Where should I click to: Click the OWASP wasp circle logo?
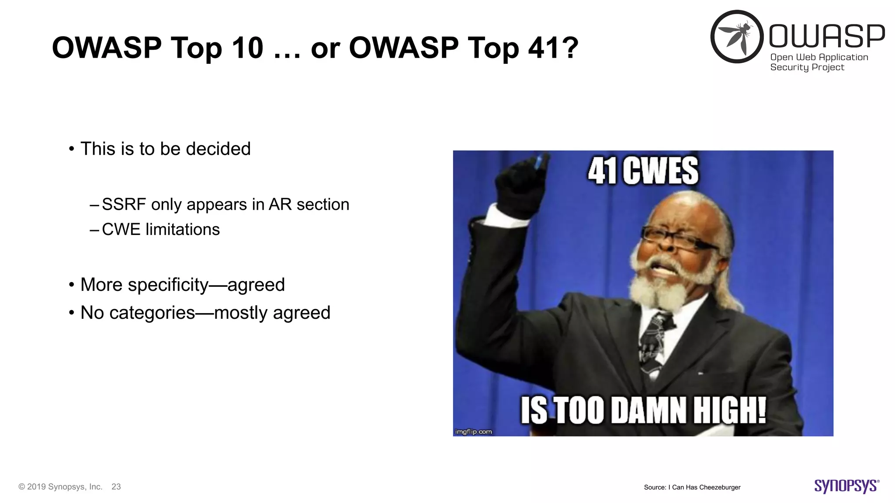tap(737, 37)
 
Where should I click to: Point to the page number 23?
tap(116, 486)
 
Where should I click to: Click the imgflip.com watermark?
tap(473, 431)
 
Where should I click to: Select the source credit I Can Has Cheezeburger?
tap(706, 487)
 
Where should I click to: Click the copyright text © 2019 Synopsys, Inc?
tap(60, 486)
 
